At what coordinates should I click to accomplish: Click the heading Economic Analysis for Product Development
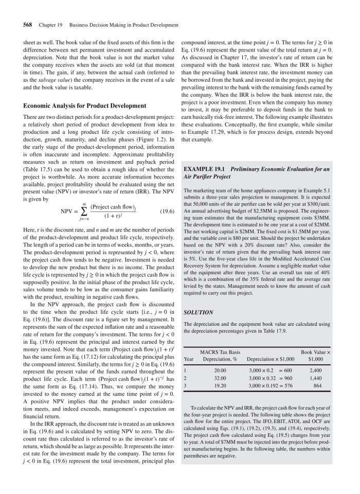(x=84, y=106)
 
